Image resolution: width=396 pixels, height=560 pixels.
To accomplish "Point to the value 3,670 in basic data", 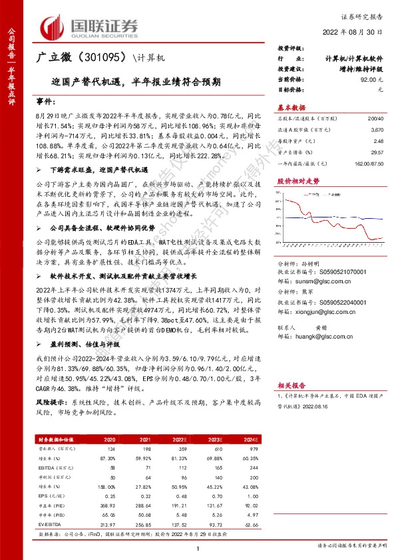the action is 377,132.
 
